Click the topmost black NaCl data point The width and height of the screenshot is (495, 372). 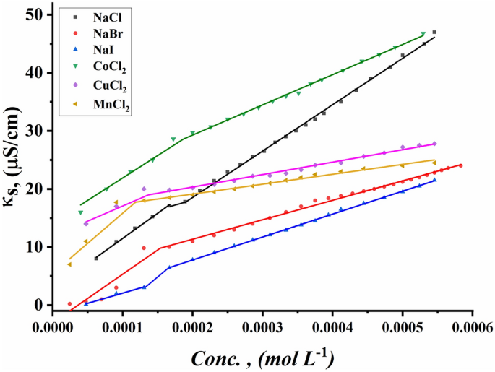tap(434, 32)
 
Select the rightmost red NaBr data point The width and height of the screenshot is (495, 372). tap(460, 165)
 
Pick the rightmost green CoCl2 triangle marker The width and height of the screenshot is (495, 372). tap(423, 34)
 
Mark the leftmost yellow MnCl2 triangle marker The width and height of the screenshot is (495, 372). tap(69, 264)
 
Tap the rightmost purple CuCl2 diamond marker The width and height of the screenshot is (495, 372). tap(434, 144)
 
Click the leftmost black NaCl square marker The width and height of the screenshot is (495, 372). tap(97, 258)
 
